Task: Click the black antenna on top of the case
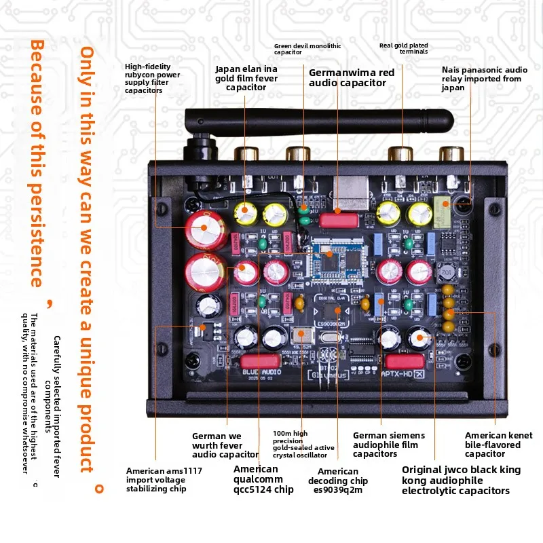[318, 121]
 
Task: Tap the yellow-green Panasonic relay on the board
[443, 212]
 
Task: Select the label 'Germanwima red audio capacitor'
[352, 77]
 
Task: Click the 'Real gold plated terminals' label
[404, 48]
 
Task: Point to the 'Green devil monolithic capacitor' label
[307, 49]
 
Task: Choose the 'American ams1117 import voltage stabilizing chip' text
[164, 480]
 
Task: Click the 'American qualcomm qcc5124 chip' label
[263, 479]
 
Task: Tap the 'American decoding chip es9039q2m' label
[338, 481]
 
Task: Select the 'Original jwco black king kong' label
[462, 474]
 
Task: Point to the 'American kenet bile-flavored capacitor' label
[499, 445]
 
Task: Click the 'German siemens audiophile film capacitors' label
[389, 445]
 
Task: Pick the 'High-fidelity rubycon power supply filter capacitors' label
[152, 78]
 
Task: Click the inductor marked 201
[447, 272]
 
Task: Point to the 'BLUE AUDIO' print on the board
[262, 372]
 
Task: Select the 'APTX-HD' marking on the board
[398, 374]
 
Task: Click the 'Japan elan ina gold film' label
[246, 73]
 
